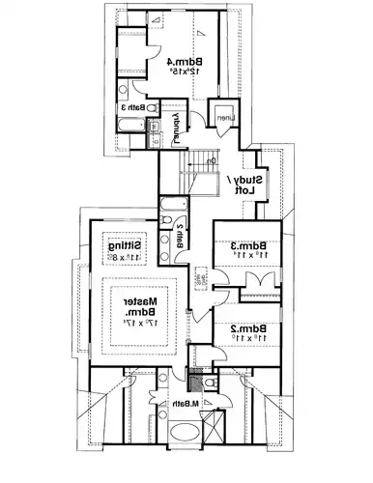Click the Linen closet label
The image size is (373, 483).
[224, 119]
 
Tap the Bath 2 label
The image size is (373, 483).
[181, 236]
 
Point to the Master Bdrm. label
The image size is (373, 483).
[141, 306]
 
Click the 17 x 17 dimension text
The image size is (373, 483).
[141, 324]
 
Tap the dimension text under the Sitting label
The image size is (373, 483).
[125, 258]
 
